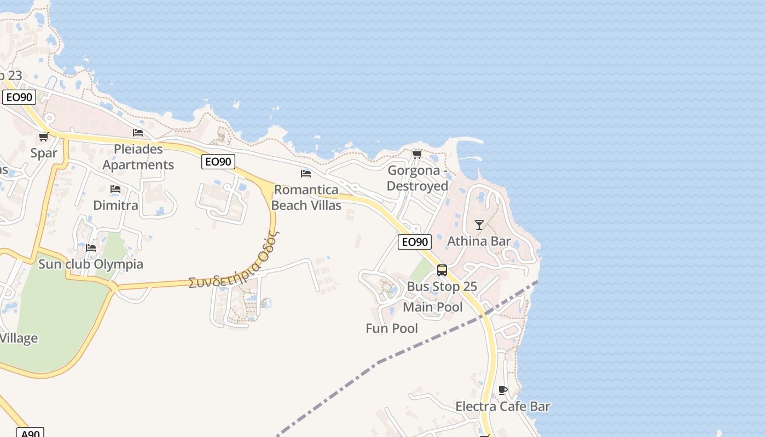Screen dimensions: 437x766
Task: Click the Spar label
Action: (44, 153)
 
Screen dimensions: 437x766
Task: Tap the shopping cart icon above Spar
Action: (43, 137)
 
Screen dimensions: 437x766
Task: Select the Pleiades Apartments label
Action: (138, 157)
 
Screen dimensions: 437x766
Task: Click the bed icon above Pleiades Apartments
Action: (138, 133)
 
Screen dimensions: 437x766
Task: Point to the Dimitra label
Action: (115, 205)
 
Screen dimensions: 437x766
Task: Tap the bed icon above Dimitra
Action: (115, 189)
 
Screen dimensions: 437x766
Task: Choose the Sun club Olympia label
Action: (91, 264)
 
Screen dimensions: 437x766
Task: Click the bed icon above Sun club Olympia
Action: (91, 248)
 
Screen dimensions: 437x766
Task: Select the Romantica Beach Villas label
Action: (306, 198)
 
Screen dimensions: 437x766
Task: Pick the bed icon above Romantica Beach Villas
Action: (306, 174)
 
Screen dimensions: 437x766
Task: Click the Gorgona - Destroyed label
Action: (417, 178)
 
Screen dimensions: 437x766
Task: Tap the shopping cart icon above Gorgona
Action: (417, 155)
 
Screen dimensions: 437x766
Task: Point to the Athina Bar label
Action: (479, 241)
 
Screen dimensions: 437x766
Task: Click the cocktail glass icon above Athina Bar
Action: (479, 225)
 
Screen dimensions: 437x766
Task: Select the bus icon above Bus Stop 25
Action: (442, 270)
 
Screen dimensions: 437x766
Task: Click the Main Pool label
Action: (433, 307)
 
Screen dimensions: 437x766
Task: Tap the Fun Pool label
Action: (392, 328)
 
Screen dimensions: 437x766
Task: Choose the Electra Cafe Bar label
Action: (503, 406)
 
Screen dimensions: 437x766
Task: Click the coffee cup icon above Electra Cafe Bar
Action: (503, 390)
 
